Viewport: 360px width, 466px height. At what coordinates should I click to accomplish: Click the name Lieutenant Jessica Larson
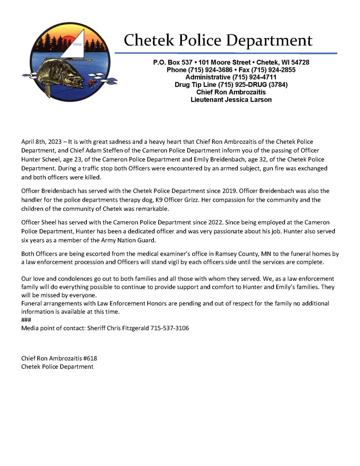(x=231, y=100)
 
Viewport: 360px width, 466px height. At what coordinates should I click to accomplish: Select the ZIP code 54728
(x=300, y=62)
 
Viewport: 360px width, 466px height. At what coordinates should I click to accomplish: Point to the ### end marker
(x=26, y=320)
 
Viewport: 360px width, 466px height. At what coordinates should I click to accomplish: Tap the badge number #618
(x=90, y=358)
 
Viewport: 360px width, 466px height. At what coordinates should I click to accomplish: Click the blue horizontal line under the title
(x=226, y=53)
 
